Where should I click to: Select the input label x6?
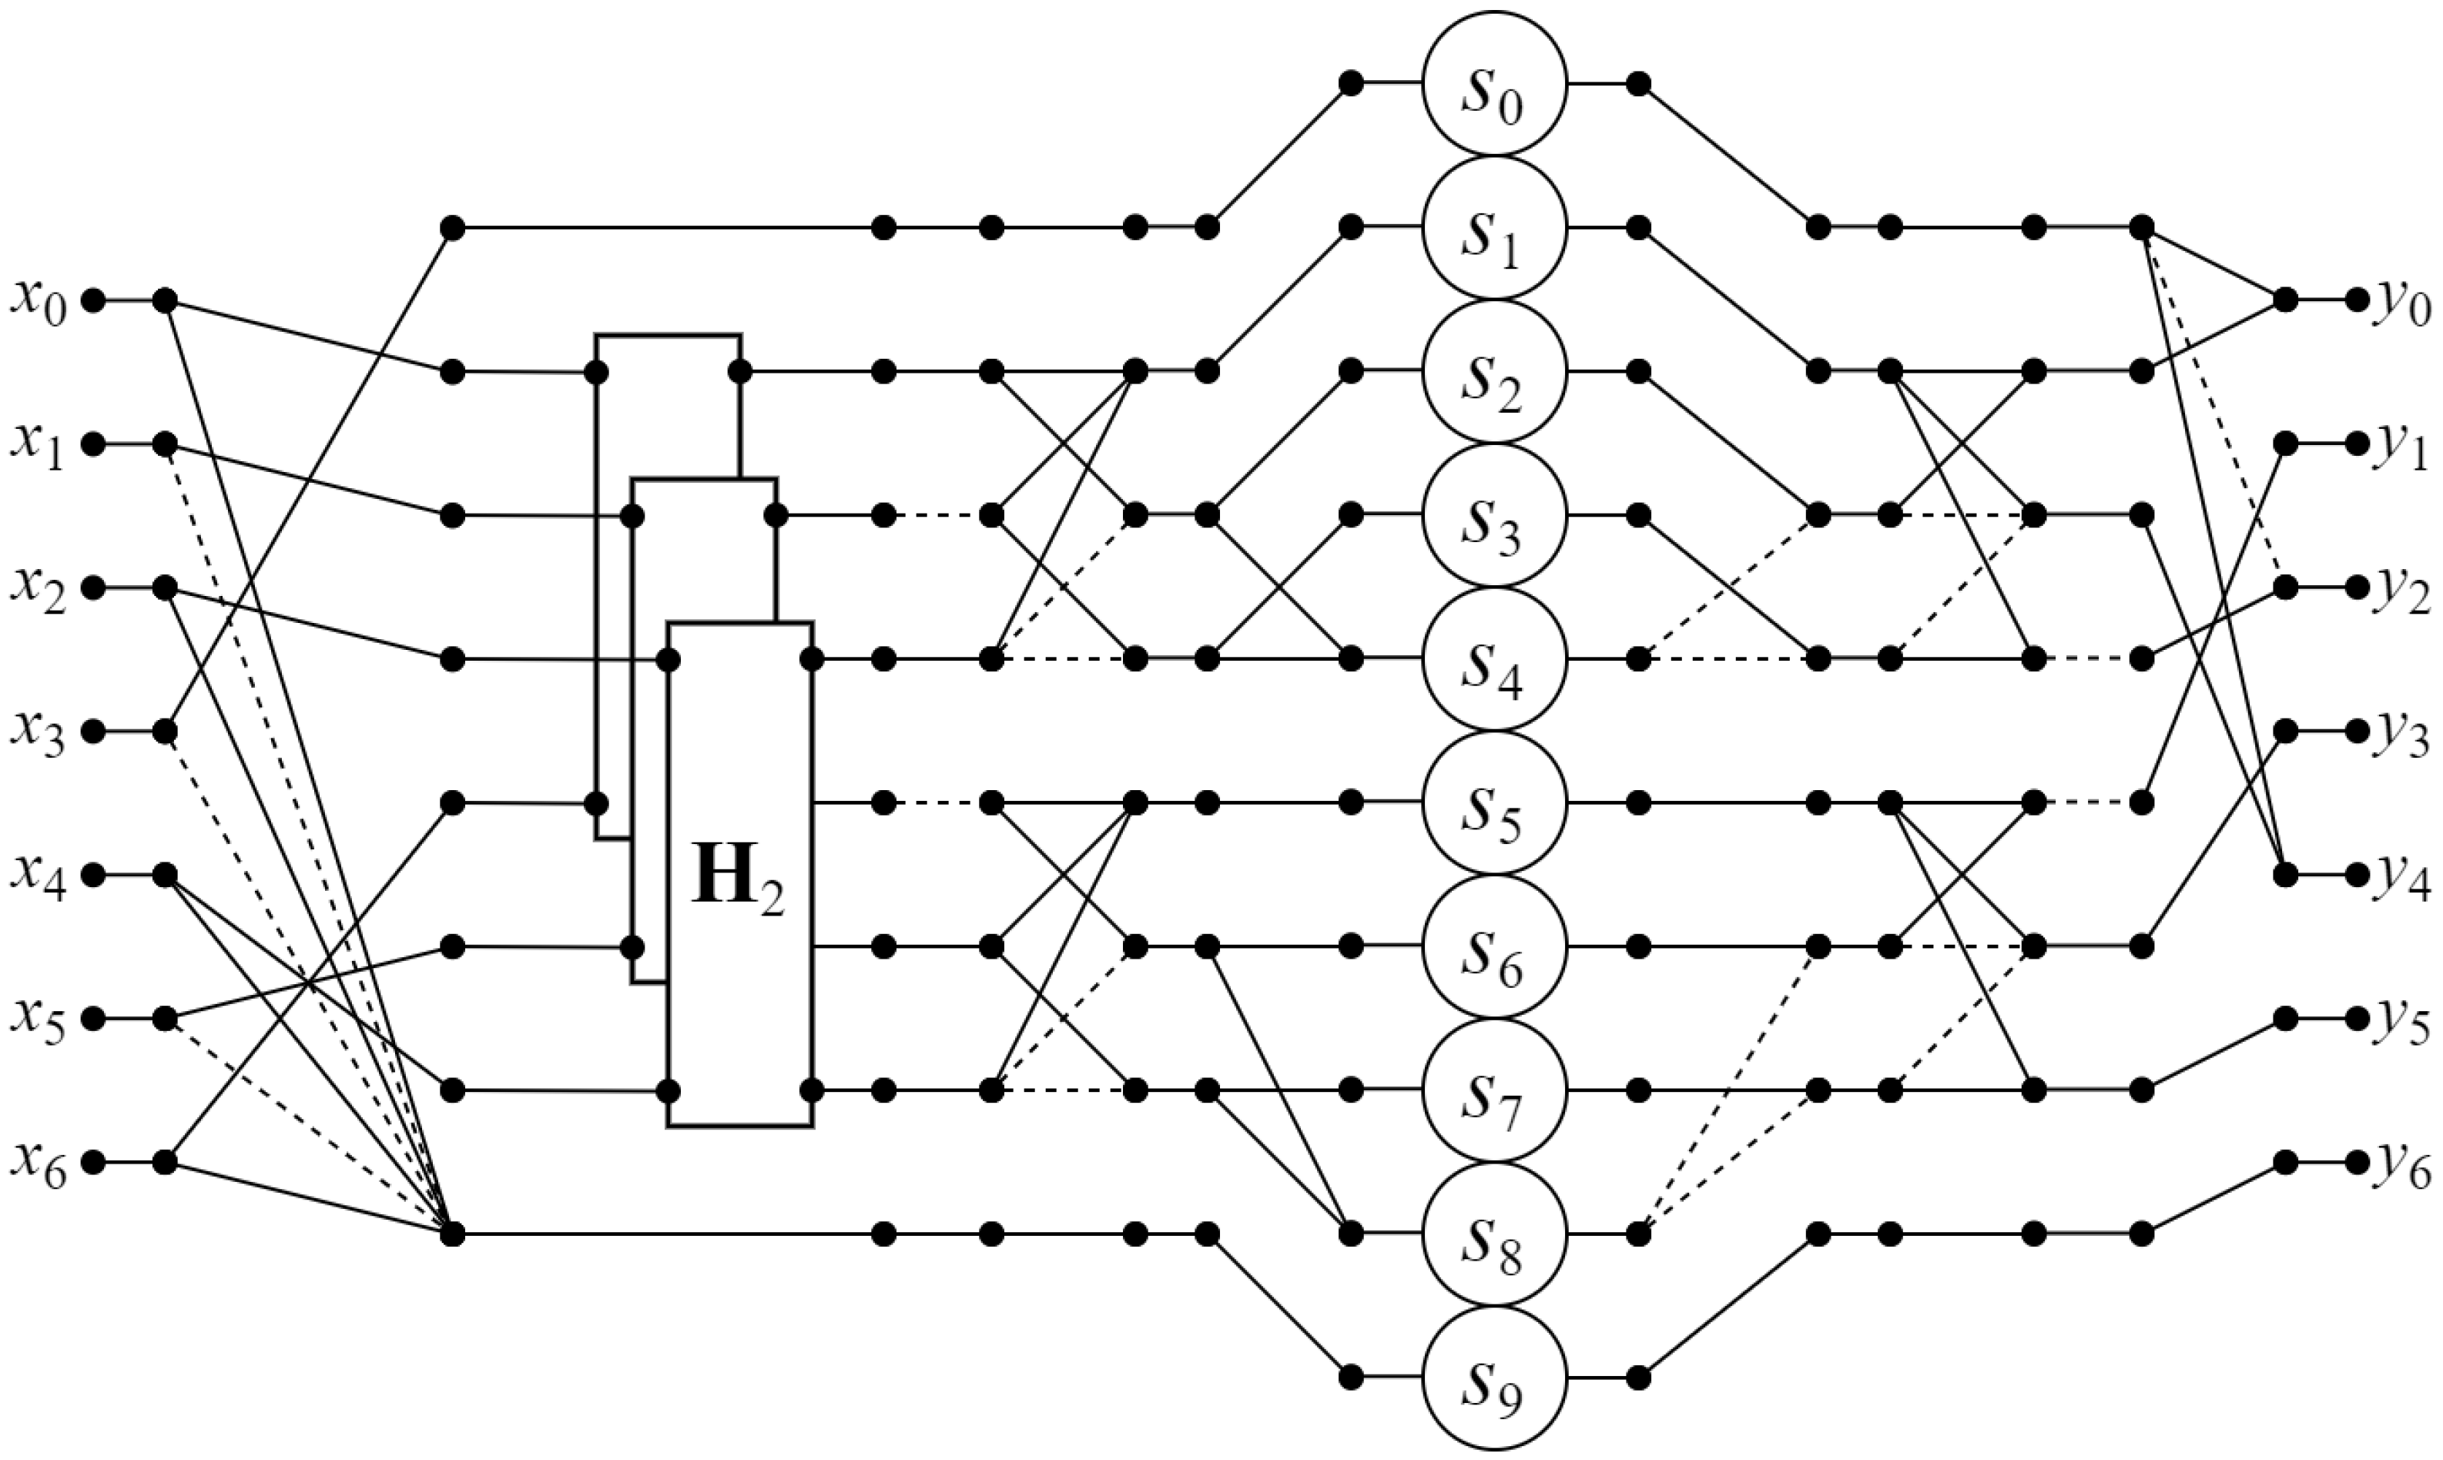[x=39, y=1163]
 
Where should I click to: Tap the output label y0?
[x=2404, y=301]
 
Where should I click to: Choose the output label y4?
[x=2404, y=876]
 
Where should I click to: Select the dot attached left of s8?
[x=1351, y=1233]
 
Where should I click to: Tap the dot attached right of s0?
[x=1638, y=85]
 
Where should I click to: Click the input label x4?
[x=39, y=876]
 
